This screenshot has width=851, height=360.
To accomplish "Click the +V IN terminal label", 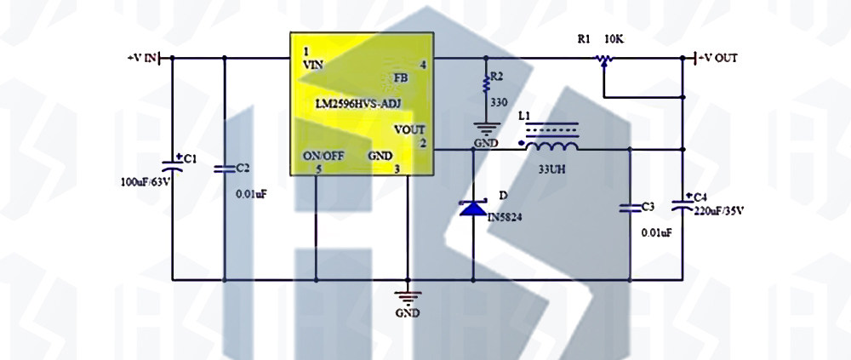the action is tap(142, 57).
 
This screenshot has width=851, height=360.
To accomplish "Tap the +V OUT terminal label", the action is tap(717, 58).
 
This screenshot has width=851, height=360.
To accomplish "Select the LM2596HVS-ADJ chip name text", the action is tap(358, 103).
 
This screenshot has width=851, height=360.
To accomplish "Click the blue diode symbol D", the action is tap(472, 208).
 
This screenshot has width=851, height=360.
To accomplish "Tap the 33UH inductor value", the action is tap(552, 169).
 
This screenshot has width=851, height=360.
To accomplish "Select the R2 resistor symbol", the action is tap(486, 83).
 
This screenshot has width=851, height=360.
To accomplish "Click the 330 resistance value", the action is tap(499, 101).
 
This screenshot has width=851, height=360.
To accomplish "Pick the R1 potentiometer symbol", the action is tap(604, 59).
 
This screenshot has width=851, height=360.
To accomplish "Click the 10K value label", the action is tap(614, 39).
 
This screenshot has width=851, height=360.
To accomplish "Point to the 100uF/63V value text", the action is tap(146, 182).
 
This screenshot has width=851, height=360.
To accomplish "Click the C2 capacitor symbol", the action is tap(225, 169).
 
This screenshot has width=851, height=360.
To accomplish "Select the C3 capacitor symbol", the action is tap(630, 207).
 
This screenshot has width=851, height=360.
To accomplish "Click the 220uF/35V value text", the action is tap(718, 210).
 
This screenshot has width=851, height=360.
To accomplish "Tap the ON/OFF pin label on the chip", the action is tap(323, 156).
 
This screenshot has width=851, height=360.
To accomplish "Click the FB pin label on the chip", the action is tap(402, 78).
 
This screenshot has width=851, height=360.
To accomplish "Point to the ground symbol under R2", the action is tap(486, 129).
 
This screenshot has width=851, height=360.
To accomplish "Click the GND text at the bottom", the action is tap(407, 313).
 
